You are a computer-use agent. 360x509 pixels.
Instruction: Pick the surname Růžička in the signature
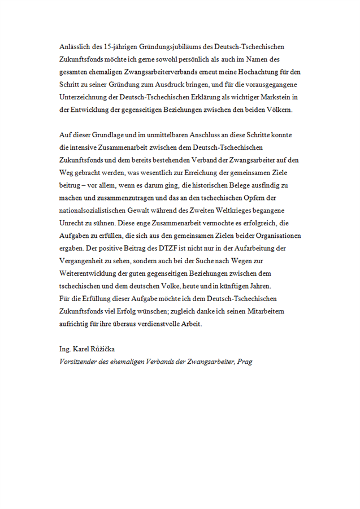point(102,349)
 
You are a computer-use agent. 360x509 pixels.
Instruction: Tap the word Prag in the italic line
point(244,362)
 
